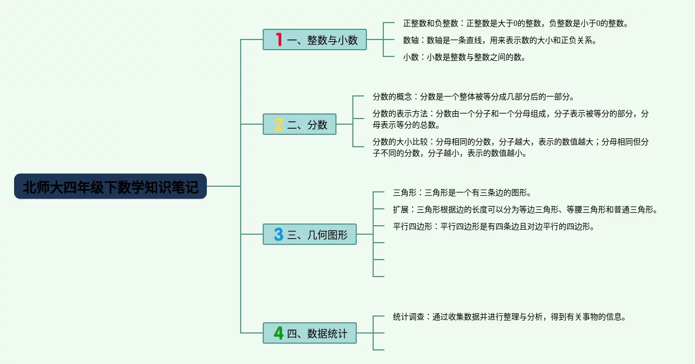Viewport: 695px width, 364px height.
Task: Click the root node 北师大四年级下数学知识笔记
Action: click(x=110, y=186)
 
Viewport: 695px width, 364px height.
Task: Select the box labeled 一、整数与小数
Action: click(x=315, y=40)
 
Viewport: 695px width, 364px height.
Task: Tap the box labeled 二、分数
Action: click(x=299, y=124)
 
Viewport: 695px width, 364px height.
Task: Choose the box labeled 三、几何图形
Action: click(x=309, y=234)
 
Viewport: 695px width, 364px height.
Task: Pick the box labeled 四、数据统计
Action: click(x=309, y=333)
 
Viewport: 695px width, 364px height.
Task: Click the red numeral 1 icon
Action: click(x=279, y=40)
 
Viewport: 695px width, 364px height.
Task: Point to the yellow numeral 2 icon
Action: click(x=278, y=124)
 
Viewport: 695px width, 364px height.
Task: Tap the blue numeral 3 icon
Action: click(x=278, y=234)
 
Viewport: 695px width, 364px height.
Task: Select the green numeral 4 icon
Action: click(x=278, y=333)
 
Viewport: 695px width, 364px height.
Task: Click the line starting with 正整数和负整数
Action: click(x=516, y=23)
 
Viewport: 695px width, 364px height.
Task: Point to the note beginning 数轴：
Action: click(x=500, y=41)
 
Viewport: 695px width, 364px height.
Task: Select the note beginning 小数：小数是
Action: click(x=464, y=57)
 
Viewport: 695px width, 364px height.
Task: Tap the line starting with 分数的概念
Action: click(x=473, y=97)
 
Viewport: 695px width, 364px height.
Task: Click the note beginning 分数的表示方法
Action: click(x=510, y=119)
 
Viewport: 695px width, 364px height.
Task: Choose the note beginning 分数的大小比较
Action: click(x=510, y=147)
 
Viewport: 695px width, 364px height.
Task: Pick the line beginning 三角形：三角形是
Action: click(x=462, y=193)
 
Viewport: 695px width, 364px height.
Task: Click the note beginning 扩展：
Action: click(x=525, y=209)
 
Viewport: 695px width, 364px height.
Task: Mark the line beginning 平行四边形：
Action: click(x=494, y=227)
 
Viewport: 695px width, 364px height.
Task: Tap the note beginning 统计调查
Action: click(x=510, y=317)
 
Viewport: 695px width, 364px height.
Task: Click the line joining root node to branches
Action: click(x=224, y=186)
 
